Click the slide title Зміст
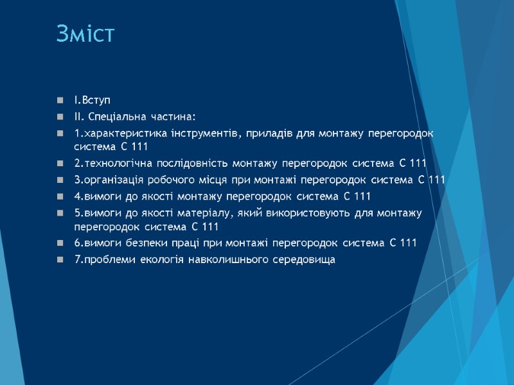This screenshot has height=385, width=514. click(85, 34)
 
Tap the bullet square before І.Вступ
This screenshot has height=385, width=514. click(60, 101)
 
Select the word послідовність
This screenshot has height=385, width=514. click(184, 163)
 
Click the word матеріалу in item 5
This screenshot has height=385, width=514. click(223, 212)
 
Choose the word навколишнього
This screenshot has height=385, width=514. click(222, 259)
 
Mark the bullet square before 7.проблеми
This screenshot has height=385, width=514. click(60, 260)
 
